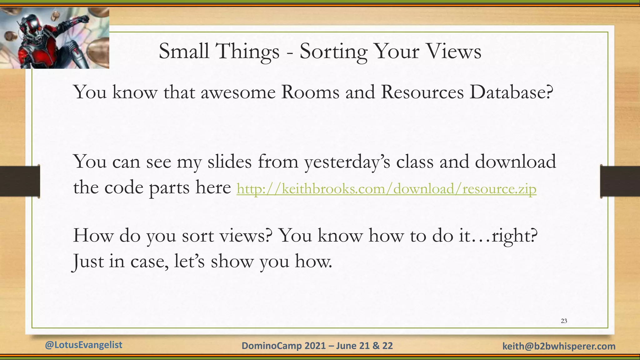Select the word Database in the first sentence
(511, 92)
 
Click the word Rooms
(310, 92)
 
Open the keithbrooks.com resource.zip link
(386, 189)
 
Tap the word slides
(229, 162)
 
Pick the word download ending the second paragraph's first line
(516, 162)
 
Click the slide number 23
(564, 321)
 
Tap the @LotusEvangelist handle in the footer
(83, 345)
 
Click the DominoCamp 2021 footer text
(317, 346)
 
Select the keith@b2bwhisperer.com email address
(559, 346)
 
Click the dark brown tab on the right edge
(620, 181)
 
